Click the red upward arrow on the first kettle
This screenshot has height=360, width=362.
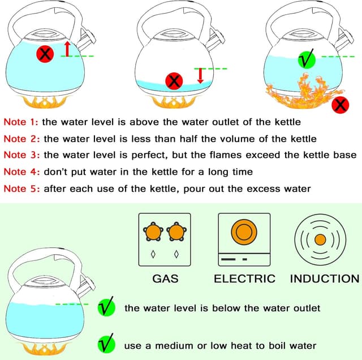click(x=67, y=49)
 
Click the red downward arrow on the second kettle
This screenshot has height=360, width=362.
click(x=200, y=75)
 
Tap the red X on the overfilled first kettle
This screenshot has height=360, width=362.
click(x=46, y=54)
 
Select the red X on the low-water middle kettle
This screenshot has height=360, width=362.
click(x=174, y=82)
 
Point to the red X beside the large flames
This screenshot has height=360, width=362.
click(x=340, y=105)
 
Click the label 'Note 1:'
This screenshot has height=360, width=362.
click(x=21, y=122)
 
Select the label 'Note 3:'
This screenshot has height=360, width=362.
click(x=21, y=155)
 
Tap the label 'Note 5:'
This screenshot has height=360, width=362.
click(x=21, y=188)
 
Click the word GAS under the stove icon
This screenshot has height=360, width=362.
click(x=165, y=278)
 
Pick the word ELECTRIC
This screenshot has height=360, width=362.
click(x=244, y=278)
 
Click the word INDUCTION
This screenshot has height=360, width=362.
click(x=324, y=278)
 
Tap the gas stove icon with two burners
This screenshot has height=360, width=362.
click(x=165, y=239)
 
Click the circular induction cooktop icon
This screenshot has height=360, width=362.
click(x=320, y=239)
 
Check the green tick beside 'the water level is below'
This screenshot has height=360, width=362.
click(x=106, y=308)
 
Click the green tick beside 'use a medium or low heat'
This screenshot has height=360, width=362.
click(x=106, y=344)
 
